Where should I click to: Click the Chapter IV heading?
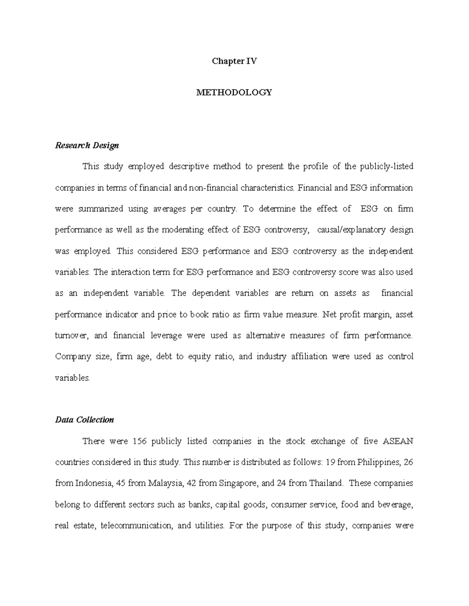[234, 61]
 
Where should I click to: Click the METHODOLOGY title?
[234, 92]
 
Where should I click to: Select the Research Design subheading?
[87, 146]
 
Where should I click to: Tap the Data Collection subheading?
[84, 420]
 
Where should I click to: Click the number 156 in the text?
[140, 441]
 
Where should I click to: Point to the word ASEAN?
[397, 441]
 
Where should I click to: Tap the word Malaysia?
[166, 483]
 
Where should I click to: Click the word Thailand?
[326, 483]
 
